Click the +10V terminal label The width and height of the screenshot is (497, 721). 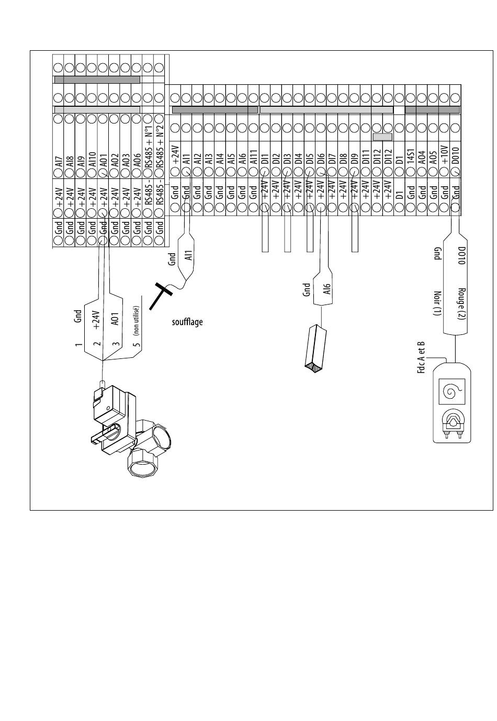[445, 155]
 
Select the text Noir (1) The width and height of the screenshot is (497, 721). [437, 304]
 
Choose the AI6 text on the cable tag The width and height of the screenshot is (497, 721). [327, 288]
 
